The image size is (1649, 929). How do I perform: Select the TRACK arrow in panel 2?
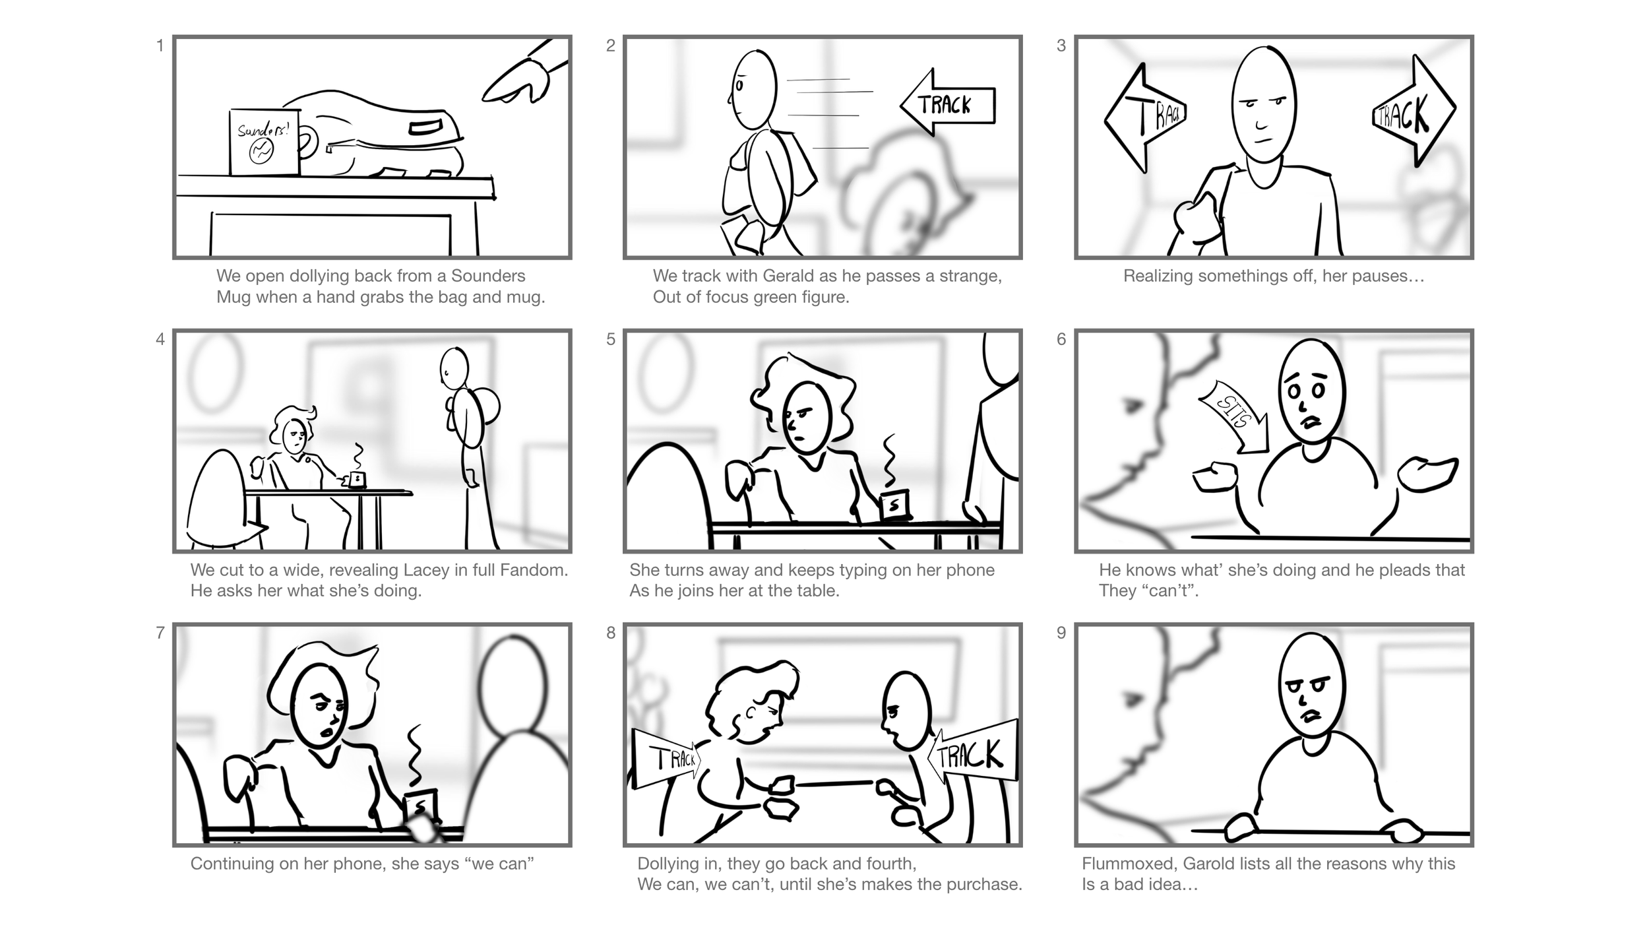pos(948,103)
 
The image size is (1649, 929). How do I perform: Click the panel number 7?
pos(160,633)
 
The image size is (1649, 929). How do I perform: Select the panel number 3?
pos(1061,46)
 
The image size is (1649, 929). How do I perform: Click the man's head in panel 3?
pos(1263,106)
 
